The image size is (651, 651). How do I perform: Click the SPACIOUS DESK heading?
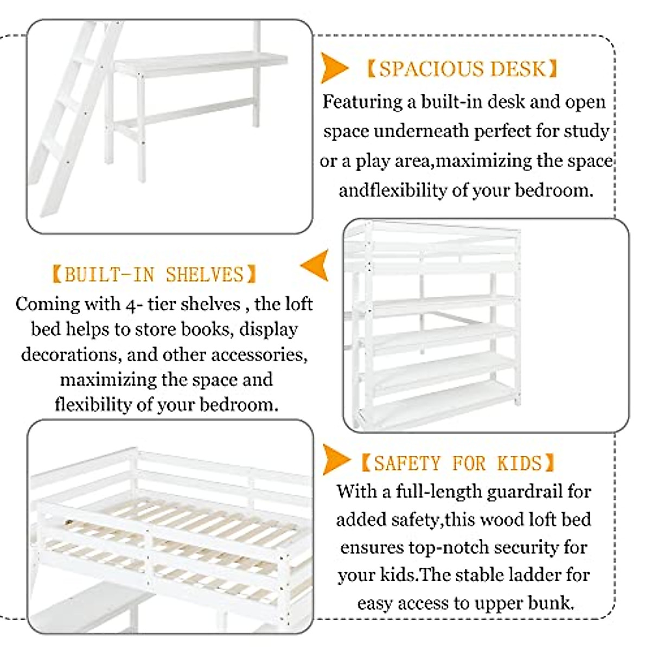462,69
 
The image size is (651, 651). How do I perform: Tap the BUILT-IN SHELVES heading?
154,275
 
